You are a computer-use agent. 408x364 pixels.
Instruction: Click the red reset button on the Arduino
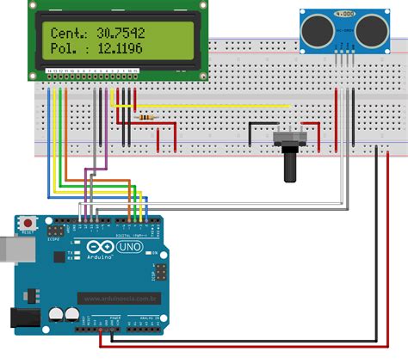[x=28, y=222]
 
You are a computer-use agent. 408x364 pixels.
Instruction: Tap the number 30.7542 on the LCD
[x=121, y=33]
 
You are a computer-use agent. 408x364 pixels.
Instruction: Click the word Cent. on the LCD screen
[x=67, y=33]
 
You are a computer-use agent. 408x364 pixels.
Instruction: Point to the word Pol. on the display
[x=65, y=52]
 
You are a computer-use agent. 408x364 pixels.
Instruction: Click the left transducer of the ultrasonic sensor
[x=316, y=31]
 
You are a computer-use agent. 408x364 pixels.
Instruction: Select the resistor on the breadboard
[x=147, y=116]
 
